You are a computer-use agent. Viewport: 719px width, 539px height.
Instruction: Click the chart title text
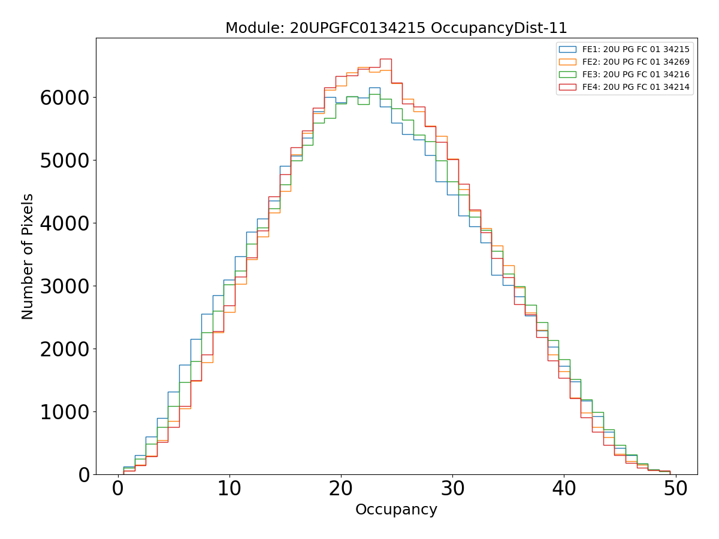click(x=396, y=28)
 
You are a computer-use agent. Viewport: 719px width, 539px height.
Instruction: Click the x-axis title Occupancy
click(x=396, y=510)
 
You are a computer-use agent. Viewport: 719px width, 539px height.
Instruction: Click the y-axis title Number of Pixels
click(x=28, y=256)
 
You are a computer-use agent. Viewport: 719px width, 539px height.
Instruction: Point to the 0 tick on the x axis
click(x=118, y=489)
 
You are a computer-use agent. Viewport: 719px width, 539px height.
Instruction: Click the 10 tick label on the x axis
click(x=229, y=489)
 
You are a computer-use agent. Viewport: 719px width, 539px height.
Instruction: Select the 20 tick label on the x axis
click(x=341, y=489)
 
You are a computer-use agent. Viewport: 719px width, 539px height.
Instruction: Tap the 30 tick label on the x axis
click(x=452, y=489)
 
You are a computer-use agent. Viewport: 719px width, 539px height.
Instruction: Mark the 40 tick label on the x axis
click(x=564, y=489)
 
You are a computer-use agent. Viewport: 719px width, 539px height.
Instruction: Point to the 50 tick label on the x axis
click(x=675, y=489)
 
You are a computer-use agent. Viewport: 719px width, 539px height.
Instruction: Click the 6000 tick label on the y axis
click(x=65, y=98)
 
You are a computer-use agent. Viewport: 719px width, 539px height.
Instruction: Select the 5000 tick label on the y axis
click(x=65, y=161)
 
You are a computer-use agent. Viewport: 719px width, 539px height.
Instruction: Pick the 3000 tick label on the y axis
click(x=65, y=286)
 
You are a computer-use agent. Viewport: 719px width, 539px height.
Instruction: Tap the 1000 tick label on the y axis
click(x=65, y=412)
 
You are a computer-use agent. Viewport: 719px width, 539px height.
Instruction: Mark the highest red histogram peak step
click(x=386, y=59)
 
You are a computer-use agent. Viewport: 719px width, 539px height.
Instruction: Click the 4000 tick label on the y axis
click(x=65, y=223)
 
